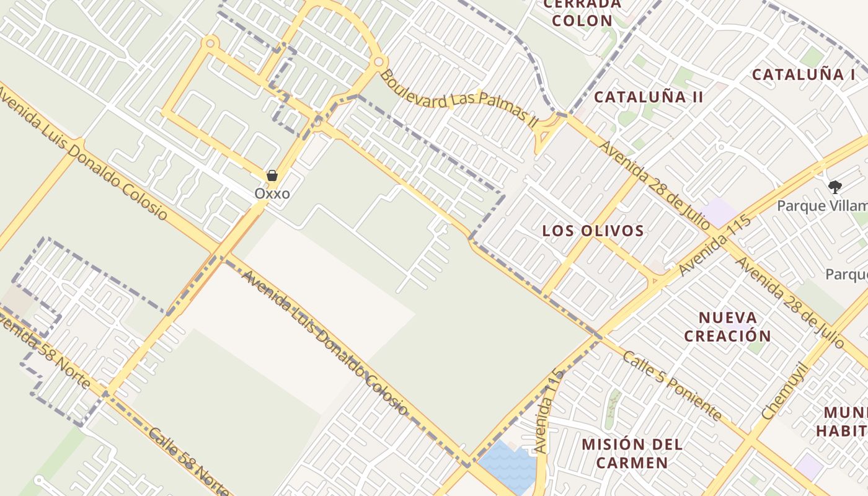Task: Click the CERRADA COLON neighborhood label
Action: [582, 12]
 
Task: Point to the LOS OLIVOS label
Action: [593, 231]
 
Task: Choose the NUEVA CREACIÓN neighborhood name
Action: [735, 327]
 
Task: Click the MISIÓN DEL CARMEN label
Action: [632, 453]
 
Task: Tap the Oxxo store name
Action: [272, 193]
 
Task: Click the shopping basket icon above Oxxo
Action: [272, 176]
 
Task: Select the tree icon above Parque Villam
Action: [835, 186]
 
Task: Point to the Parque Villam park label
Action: [822, 206]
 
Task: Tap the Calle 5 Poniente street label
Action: [672, 386]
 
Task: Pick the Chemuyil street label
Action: [785, 391]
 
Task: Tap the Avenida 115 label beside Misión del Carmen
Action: [549, 409]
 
